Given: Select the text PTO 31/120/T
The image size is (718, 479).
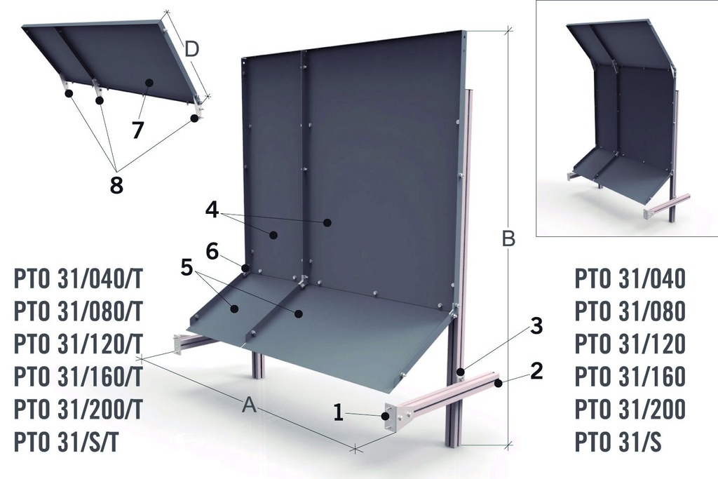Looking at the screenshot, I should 79,344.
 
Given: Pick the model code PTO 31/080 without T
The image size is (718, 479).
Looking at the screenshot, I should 629,311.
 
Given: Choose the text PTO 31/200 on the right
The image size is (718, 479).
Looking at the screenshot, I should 629,409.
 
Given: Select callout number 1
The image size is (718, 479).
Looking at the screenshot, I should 339,413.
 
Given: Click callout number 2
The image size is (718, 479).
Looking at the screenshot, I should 536,370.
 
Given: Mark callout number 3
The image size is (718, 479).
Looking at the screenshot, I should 536,325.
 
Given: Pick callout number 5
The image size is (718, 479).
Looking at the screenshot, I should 186,267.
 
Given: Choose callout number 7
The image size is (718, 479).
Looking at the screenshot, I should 138,130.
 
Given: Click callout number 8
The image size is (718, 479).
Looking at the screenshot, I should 116,186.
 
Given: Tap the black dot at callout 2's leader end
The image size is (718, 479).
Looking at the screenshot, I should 499,383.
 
